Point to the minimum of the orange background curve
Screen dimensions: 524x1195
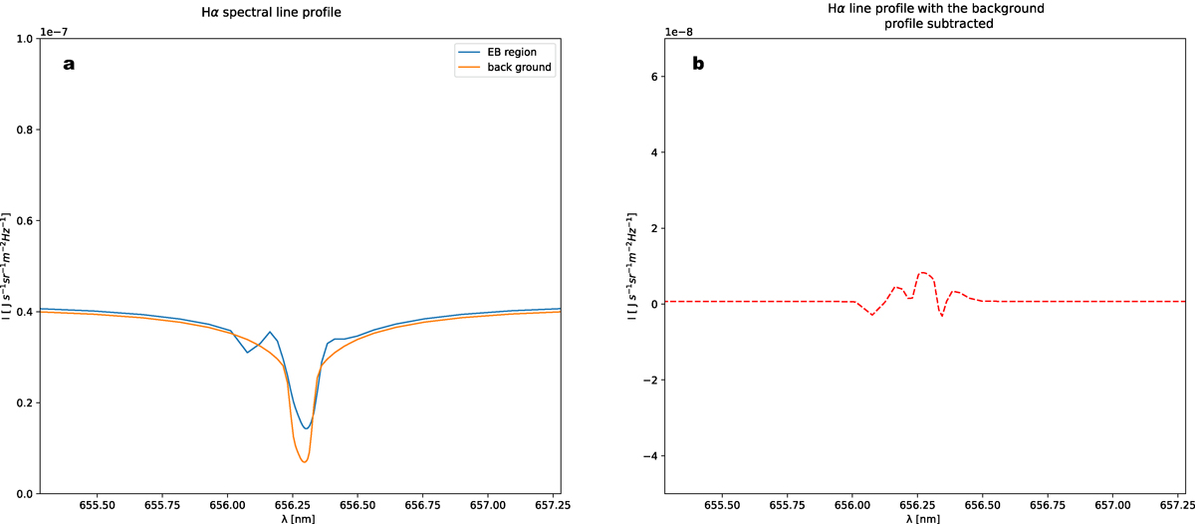click(x=304, y=462)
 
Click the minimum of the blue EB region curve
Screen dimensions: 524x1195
click(x=307, y=428)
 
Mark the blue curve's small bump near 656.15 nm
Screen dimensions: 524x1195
click(x=269, y=332)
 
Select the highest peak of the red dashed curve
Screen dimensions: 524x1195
click(x=924, y=272)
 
